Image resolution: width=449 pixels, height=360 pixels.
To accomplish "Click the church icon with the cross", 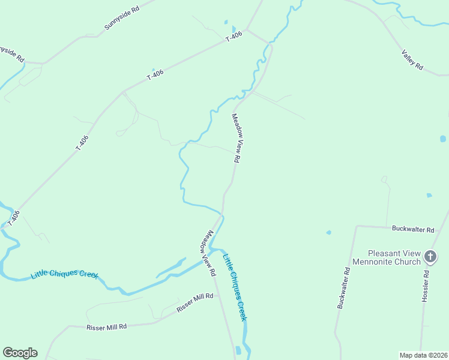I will [x=430, y=257].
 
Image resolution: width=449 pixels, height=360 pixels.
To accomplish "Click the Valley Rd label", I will [x=412, y=60].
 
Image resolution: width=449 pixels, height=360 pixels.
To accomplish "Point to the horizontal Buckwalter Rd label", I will [x=413, y=229].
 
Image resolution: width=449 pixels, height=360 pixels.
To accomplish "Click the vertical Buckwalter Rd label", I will [x=343, y=289].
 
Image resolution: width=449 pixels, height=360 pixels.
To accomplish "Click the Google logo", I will [x=20, y=353].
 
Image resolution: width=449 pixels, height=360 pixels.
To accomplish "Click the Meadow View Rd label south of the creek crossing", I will [x=208, y=253].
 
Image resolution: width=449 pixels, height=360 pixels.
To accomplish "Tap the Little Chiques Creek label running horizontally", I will [x=65, y=274].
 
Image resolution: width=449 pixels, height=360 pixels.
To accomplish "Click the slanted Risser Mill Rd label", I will [x=194, y=303].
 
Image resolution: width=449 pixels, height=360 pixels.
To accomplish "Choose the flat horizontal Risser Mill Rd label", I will [x=107, y=327].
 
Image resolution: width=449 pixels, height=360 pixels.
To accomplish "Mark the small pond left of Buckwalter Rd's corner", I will [x=328, y=233].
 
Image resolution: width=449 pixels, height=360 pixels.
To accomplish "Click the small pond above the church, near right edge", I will [x=442, y=139].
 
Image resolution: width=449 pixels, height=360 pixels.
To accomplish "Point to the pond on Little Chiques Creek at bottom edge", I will [x=238, y=350].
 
